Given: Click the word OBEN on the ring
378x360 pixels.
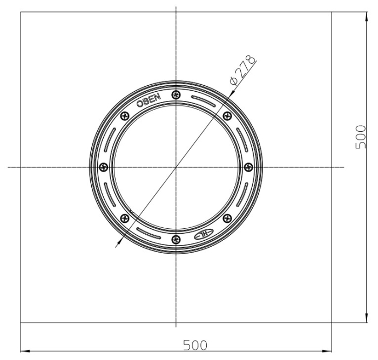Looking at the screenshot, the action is click(x=148, y=100).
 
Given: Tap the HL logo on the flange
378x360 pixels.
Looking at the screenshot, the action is click(x=204, y=234).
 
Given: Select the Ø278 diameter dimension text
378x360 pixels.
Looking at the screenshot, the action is click(x=243, y=70).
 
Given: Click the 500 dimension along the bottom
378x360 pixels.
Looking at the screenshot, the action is click(x=195, y=345).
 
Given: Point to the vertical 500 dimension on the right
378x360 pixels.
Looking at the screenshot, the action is click(x=361, y=137).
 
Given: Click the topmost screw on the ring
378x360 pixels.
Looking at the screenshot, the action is click(x=176, y=94).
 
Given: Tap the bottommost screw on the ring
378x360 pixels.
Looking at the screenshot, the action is click(x=176, y=239).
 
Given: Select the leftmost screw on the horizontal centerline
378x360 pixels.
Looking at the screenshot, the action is click(x=104, y=167).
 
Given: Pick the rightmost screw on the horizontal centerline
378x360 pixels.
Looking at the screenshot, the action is click(x=248, y=167).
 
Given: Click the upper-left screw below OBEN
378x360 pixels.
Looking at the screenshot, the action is click(x=125, y=116).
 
